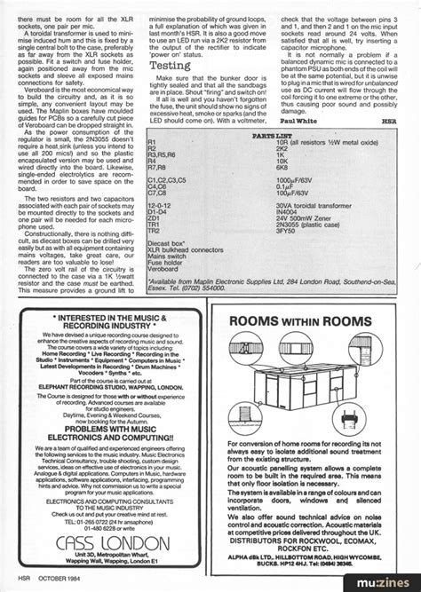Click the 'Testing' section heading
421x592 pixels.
[x=169, y=66]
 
